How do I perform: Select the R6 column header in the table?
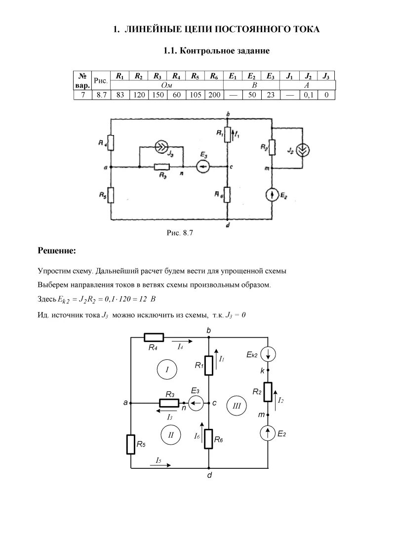214,76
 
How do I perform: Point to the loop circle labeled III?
236,406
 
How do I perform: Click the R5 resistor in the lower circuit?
131,444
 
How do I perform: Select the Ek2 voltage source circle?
268,354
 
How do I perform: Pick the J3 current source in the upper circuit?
161,146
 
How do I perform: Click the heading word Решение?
57,251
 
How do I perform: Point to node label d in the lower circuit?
209,476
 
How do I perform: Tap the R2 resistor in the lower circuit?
268,392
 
